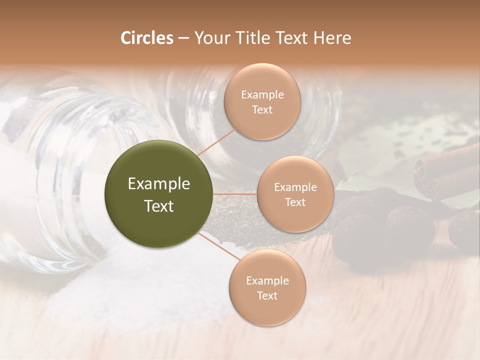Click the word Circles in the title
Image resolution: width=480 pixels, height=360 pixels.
click(146, 38)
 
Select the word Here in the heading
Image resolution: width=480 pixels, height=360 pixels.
click(332, 38)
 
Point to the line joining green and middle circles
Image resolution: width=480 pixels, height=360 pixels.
click(235, 194)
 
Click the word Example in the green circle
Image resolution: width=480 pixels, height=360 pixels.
click(159, 184)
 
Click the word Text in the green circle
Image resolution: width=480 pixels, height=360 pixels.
click(159, 206)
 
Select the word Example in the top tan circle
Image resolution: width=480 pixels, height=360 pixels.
click(262, 95)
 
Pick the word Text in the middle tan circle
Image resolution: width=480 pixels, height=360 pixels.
click(295, 202)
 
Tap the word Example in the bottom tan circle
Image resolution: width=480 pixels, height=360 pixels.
click(267, 281)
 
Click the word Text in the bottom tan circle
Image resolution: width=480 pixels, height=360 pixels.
click(267, 296)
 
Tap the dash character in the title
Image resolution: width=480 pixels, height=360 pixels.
click(183, 38)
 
